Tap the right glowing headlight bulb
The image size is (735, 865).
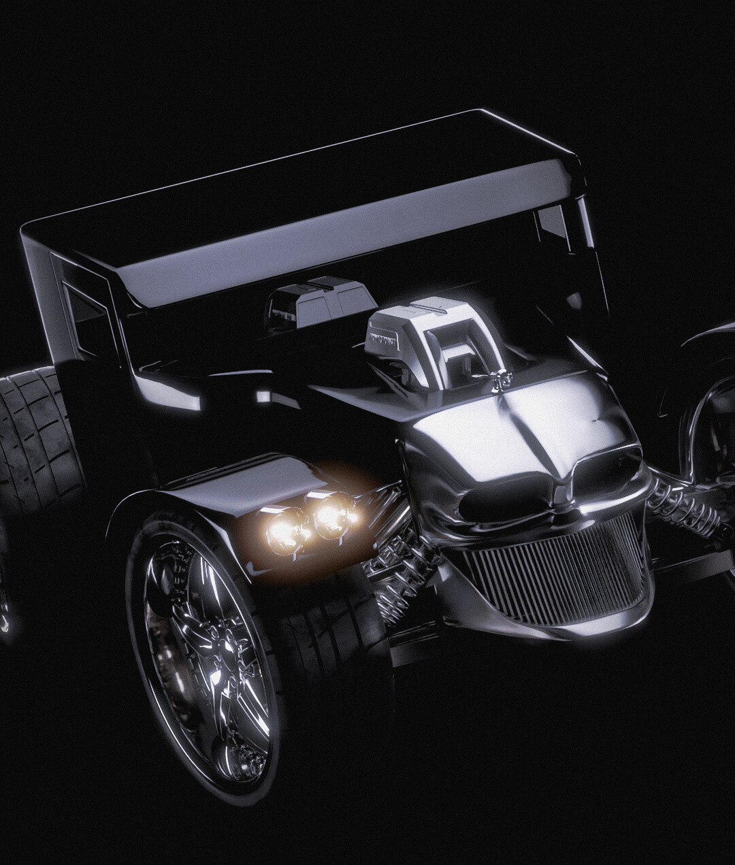pos(331,515)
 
